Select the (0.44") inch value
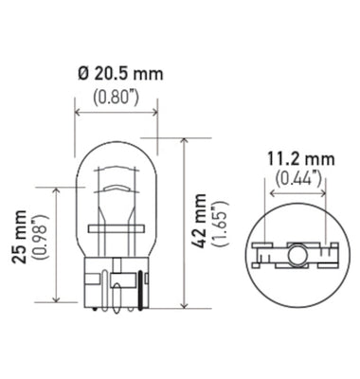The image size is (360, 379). (297, 176)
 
